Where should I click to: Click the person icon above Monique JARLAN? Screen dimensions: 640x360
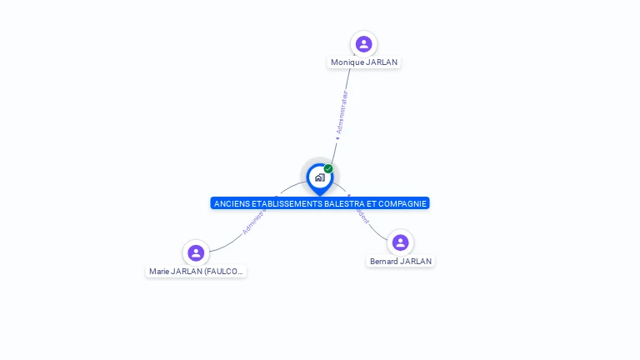pyautogui.click(x=363, y=44)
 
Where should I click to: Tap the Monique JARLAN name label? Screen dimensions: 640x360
pyautogui.click(x=364, y=62)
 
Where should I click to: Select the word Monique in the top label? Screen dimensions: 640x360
pyautogui.click(x=347, y=62)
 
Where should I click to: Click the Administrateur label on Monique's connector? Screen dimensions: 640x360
pyautogui.click(x=342, y=112)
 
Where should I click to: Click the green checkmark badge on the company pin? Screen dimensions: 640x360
pyautogui.click(x=328, y=169)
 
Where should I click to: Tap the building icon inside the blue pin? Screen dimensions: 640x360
pyautogui.click(x=319, y=177)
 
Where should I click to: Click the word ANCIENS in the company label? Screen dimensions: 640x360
pyautogui.click(x=229, y=203)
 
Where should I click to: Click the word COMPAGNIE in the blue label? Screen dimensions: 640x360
pyautogui.click(x=401, y=203)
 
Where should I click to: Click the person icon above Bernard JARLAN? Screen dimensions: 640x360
pyautogui.click(x=400, y=242)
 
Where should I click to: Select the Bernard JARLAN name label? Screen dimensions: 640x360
pyautogui.click(x=401, y=261)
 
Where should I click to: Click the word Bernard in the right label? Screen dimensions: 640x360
pyautogui.click(x=383, y=261)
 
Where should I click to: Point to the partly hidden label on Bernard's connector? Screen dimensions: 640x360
pyautogui.click(x=362, y=217)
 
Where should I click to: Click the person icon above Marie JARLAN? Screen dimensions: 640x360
pyautogui.click(x=196, y=252)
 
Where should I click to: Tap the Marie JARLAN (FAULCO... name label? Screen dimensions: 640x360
pyautogui.click(x=197, y=272)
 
